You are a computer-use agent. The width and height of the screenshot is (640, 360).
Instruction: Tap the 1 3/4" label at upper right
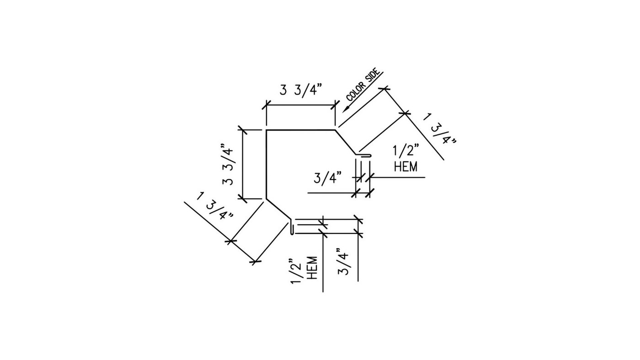click(x=439, y=128)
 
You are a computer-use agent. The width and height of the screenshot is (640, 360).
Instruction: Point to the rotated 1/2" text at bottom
click(x=297, y=273)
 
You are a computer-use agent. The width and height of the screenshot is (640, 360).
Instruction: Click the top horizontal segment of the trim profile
click(x=301, y=130)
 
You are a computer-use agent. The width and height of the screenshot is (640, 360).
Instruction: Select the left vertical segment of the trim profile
click(x=266, y=164)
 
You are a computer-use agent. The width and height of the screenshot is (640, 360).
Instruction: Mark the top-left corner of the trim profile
click(x=266, y=130)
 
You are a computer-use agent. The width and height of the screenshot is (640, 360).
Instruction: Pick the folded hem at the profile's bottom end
click(x=291, y=228)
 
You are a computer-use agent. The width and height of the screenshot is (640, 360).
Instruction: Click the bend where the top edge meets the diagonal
click(x=335, y=130)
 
